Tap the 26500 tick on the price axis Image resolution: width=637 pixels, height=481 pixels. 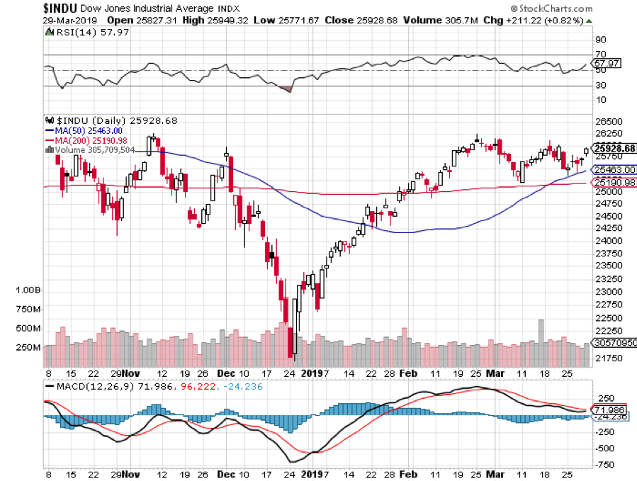[607, 122]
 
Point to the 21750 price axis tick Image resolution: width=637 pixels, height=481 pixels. [607, 358]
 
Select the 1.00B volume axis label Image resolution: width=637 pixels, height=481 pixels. [28, 291]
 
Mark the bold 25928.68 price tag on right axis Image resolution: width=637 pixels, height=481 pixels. [614, 149]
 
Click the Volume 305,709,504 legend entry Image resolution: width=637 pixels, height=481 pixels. [94, 149]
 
